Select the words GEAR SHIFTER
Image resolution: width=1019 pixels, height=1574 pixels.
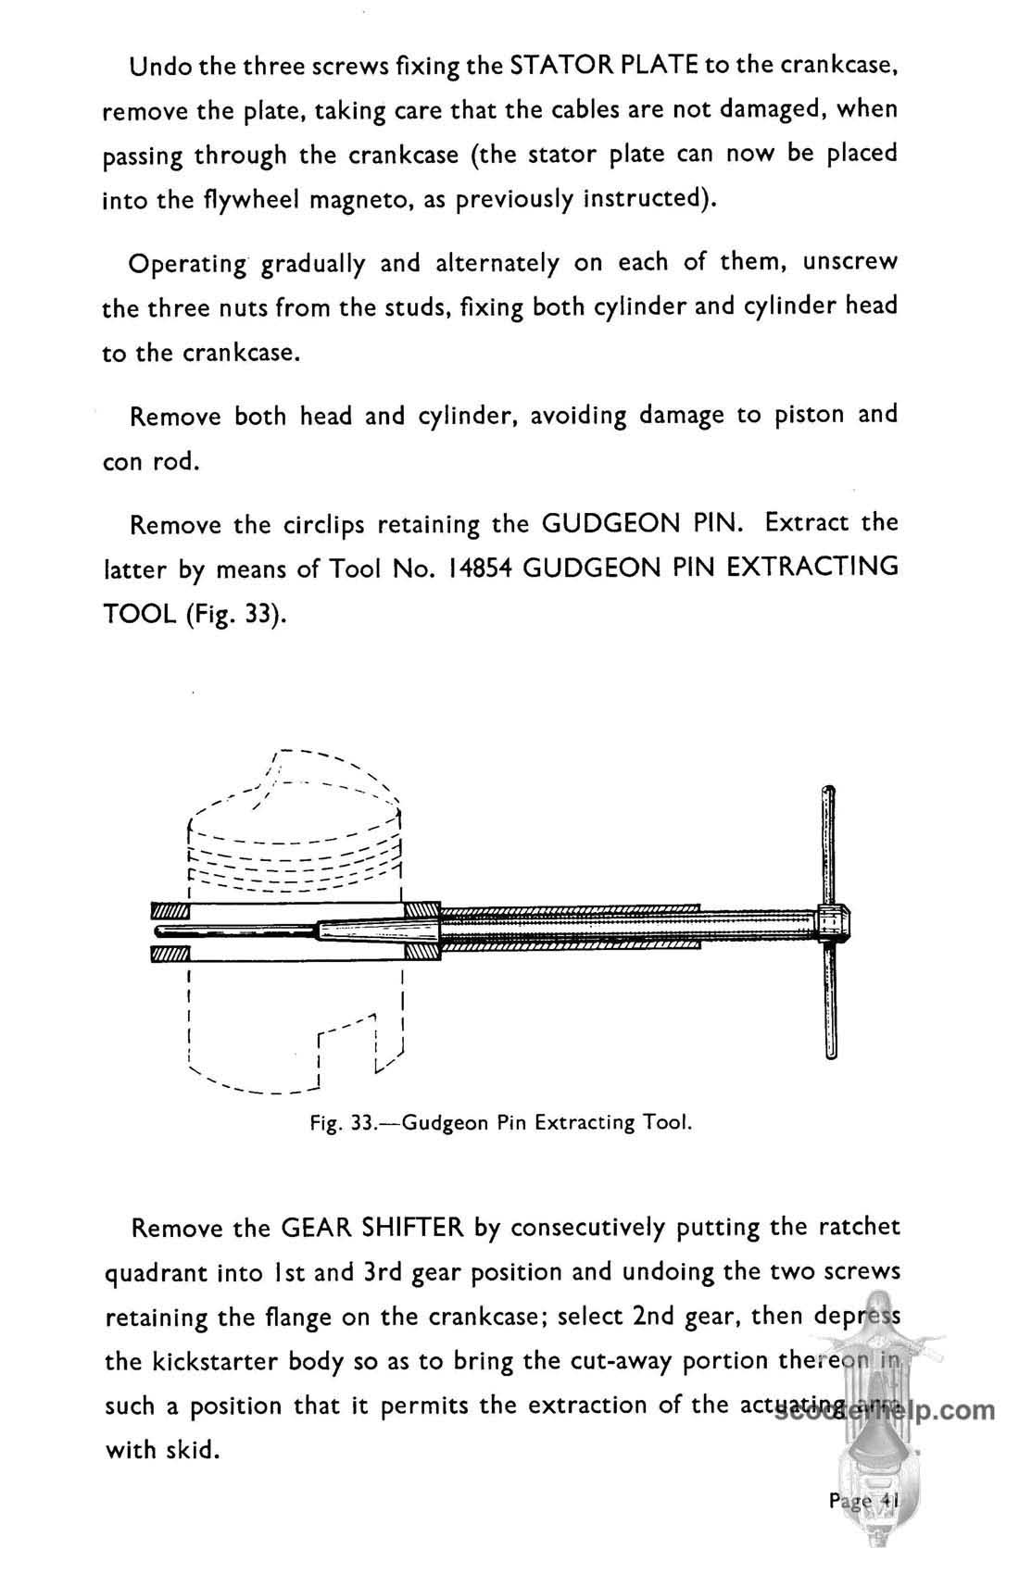371,1228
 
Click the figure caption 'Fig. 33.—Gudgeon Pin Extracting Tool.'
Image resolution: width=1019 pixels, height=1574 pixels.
501,1123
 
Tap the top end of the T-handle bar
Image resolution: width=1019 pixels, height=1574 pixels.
827,793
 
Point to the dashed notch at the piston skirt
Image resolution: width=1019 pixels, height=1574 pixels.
346,1046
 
